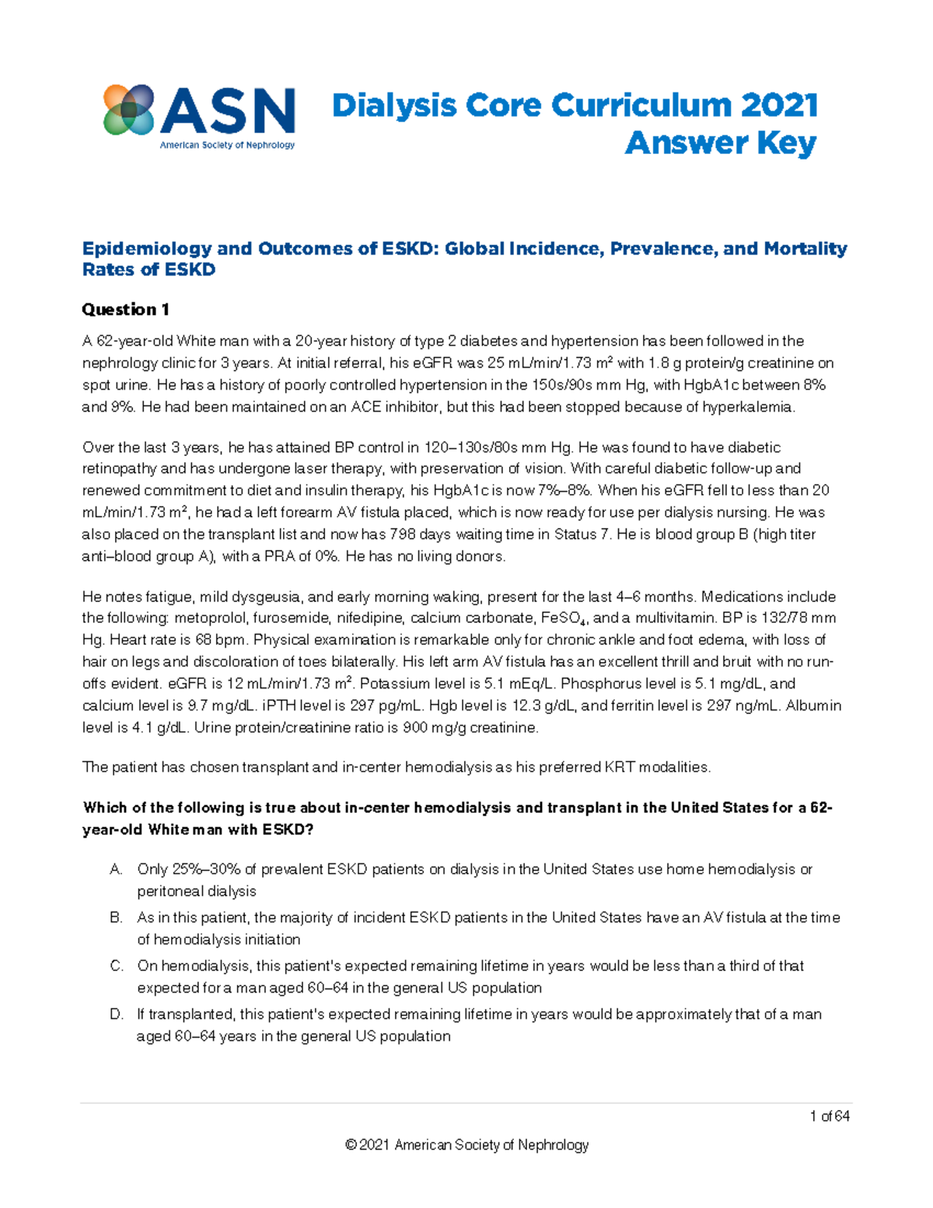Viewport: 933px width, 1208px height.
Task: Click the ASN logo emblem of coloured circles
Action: pos(129,110)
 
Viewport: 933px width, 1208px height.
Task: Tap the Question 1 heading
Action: pos(125,310)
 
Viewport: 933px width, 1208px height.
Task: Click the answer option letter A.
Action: pos(117,870)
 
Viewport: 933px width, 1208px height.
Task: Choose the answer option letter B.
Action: pos(117,918)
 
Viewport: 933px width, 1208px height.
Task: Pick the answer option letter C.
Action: pos(117,966)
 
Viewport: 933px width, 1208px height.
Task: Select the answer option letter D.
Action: pos(117,1014)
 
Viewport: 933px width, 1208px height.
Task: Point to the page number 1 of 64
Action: pos(830,1117)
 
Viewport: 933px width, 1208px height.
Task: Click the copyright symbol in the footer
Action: pos(351,1145)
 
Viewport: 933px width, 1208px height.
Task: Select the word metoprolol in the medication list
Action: pos(208,619)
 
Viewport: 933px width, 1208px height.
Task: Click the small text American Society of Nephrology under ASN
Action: pos(227,145)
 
